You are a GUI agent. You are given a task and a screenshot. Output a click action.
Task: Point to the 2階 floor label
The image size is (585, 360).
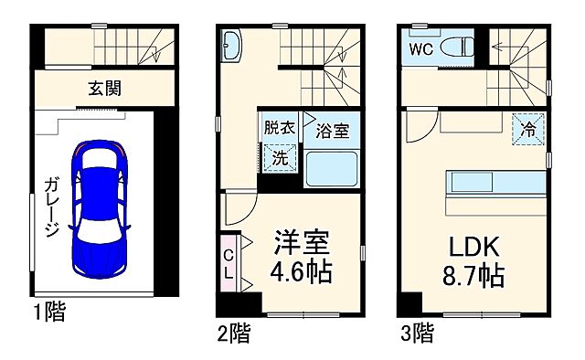coord(233,333)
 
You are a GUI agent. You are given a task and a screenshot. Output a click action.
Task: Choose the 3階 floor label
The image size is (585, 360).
coord(416,333)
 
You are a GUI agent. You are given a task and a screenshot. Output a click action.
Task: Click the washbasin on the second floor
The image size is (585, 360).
coord(231,43)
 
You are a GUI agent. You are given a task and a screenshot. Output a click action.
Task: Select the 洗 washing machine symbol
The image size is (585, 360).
coord(279,155)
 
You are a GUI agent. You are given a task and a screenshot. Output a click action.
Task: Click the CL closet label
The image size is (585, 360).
coord(229,259)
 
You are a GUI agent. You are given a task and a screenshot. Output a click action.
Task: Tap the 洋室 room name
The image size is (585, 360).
coord(303,245)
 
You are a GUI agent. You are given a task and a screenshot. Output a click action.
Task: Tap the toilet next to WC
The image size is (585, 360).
coord(454,48)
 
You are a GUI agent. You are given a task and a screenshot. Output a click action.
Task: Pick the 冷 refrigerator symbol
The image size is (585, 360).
coord(527,130)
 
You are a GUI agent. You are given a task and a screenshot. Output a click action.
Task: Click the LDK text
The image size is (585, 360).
coord(473,246)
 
